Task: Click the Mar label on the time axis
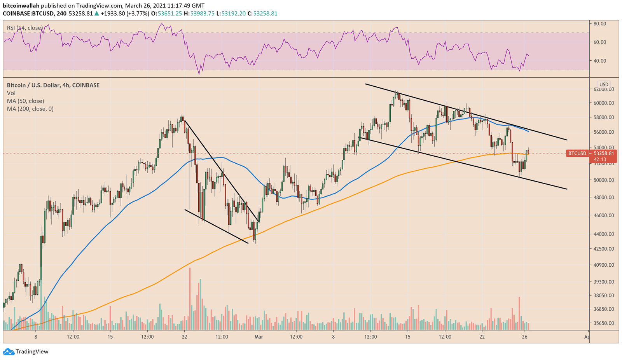point(259,337)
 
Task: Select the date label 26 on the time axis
point(525,337)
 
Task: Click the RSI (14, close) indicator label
point(25,28)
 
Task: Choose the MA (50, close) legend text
point(25,101)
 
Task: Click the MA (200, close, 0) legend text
point(30,109)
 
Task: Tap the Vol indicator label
point(11,93)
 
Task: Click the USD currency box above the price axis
point(604,84)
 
